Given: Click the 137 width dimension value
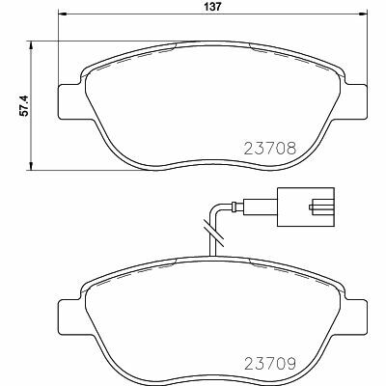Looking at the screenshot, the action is point(212,7).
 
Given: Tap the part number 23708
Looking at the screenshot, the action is point(270,149).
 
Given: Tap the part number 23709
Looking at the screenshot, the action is point(270,364).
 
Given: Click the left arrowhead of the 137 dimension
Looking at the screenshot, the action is point(62,14).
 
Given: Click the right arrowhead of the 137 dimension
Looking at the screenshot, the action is point(363,14).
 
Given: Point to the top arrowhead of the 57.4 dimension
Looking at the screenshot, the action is point(31,45).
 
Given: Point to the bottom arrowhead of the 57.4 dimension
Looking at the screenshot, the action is point(31,166).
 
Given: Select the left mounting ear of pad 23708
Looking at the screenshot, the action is point(69,101).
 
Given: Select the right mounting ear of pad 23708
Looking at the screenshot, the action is point(355,101).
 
